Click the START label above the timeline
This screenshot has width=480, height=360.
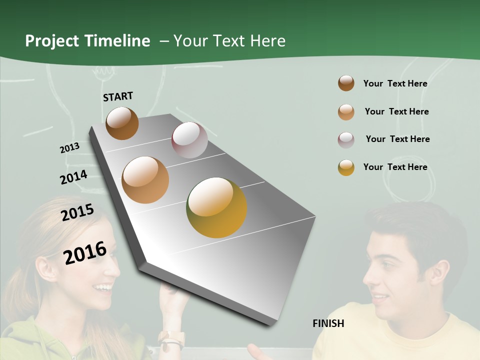pos(118,96)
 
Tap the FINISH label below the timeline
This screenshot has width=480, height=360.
pos(328,323)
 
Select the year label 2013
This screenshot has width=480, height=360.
pos(69,148)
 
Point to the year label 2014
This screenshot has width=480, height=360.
pos(73,177)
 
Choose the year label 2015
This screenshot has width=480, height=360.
pos(77,212)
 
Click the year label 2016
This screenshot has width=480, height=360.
pos(85,253)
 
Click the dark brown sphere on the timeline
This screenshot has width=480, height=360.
pos(122,123)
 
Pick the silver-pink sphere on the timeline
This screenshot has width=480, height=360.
pos(189,140)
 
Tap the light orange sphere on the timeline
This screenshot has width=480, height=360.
pos(145,180)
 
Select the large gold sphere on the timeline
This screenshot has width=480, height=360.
pos(216,207)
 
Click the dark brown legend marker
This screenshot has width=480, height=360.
pos(346,83)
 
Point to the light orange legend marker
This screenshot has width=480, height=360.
pos(346,112)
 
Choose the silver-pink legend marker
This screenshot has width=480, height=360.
pos(346,139)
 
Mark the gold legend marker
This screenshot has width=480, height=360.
pos(346,167)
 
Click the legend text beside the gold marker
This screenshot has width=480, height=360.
pos(395,167)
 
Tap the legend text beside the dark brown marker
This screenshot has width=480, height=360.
pos(395,83)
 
